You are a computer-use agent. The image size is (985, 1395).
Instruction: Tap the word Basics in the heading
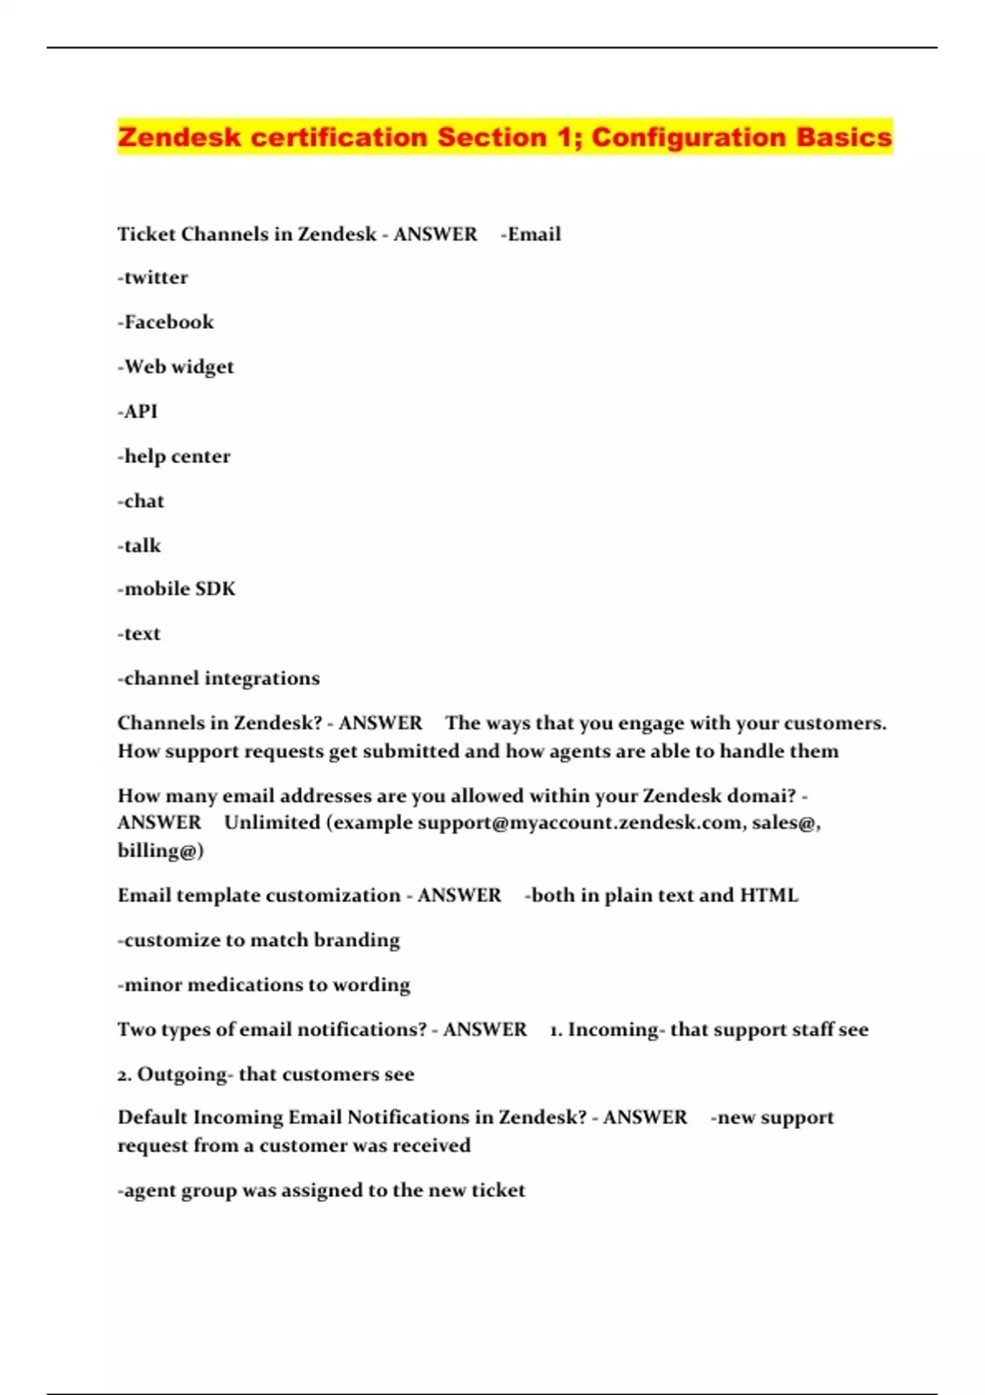[843, 137]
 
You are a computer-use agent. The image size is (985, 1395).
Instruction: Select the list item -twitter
[153, 277]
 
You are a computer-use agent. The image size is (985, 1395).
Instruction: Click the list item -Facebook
[165, 322]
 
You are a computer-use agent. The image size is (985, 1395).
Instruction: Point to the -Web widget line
[176, 367]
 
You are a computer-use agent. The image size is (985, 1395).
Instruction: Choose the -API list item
[137, 411]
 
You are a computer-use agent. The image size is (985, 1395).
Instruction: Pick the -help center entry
[174, 456]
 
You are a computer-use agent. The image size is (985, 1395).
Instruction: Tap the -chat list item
[141, 501]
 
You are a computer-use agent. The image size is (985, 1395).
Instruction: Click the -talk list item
[140, 546]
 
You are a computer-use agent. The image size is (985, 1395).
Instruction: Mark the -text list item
[139, 633]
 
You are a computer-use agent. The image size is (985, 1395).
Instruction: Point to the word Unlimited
[272, 822]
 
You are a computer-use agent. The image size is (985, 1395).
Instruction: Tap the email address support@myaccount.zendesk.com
[580, 822]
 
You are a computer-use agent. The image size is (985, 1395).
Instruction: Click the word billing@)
[160, 850]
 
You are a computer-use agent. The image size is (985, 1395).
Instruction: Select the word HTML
[768, 895]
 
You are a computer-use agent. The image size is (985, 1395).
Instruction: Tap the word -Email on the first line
[530, 234]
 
